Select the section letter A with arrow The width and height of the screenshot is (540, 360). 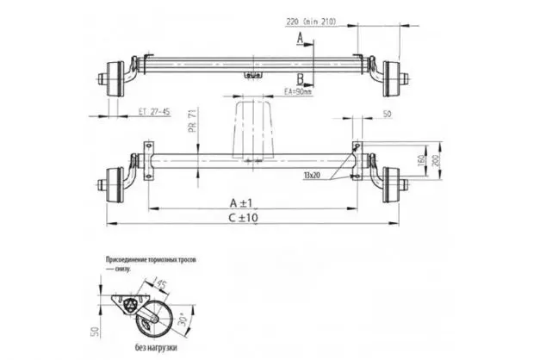click(299, 39)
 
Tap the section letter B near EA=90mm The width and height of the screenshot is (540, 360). click(299, 79)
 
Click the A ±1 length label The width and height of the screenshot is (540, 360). click(251, 201)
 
